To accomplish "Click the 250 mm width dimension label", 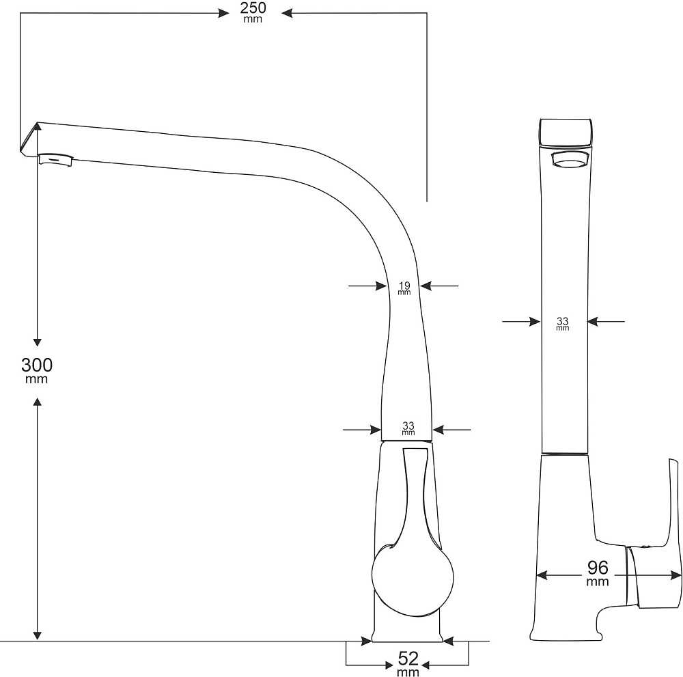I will [x=253, y=12].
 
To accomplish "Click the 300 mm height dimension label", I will [x=36, y=369].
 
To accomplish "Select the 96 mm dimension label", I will [x=598, y=571].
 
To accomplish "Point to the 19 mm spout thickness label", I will [x=404, y=287].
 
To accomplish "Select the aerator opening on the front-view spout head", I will [x=570, y=161].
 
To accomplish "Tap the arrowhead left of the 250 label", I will [x=222, y=12].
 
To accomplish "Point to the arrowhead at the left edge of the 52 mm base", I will [x=366, y=641].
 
